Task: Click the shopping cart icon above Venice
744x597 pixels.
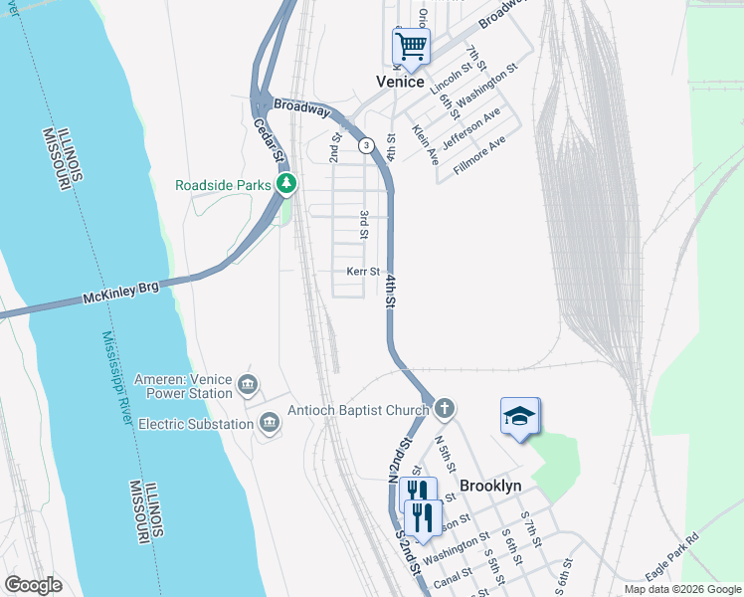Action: (410, 46)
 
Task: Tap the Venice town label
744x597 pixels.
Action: (400, 82)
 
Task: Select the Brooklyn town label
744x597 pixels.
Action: (490, 486)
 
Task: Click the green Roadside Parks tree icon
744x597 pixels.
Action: (286, 184)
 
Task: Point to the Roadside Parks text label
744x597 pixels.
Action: (223, 185)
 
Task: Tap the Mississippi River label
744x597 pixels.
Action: (117, 379)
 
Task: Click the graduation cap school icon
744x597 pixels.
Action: (519, 416)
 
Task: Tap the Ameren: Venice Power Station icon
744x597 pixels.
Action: (248, 384)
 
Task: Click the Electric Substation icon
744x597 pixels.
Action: (268, 425)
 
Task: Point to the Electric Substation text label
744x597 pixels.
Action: (196, 425)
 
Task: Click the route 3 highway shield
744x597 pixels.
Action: (367, 145)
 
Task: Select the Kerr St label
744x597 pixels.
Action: (363, 272)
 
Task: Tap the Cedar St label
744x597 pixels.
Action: (270, 142)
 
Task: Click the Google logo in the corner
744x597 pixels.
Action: (33, 585)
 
